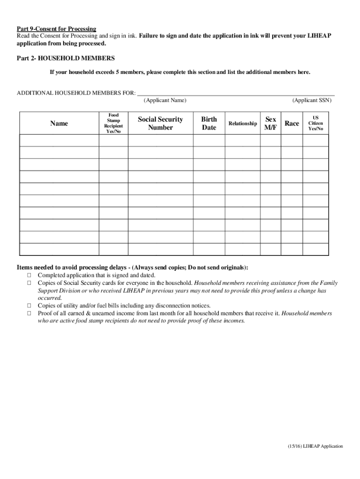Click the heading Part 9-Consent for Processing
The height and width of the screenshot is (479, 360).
click(57, 29)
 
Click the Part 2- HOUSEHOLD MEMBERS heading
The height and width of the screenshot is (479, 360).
click(65, 58)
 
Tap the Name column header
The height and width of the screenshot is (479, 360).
click(59, 123)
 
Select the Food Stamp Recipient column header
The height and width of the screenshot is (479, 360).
click(113, 123)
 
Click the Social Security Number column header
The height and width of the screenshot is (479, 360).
click(160, 123)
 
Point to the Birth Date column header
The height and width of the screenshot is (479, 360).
click(209, 123)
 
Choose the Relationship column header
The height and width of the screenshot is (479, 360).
click(242, 123)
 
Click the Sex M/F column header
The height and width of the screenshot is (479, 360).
click(270, 123)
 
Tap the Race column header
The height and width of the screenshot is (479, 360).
click(292, 123)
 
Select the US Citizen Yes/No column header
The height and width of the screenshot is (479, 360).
click(315, 123)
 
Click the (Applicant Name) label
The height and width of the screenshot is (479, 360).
click(165, 101)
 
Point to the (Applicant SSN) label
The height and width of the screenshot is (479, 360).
click(311, 101)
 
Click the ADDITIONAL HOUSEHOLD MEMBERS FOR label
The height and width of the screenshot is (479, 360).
click(76, 93)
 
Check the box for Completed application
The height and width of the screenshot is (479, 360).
click(29, 276)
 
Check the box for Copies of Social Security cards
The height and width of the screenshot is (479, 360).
click(29, 283)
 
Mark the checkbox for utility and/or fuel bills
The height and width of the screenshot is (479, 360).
click(29, 305)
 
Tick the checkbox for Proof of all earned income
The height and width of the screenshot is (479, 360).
click(29, 313)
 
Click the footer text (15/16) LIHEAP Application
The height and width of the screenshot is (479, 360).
click(315, 446)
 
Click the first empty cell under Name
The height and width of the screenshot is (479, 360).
click(59, 140)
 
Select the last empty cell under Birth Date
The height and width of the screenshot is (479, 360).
click(209, 249)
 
